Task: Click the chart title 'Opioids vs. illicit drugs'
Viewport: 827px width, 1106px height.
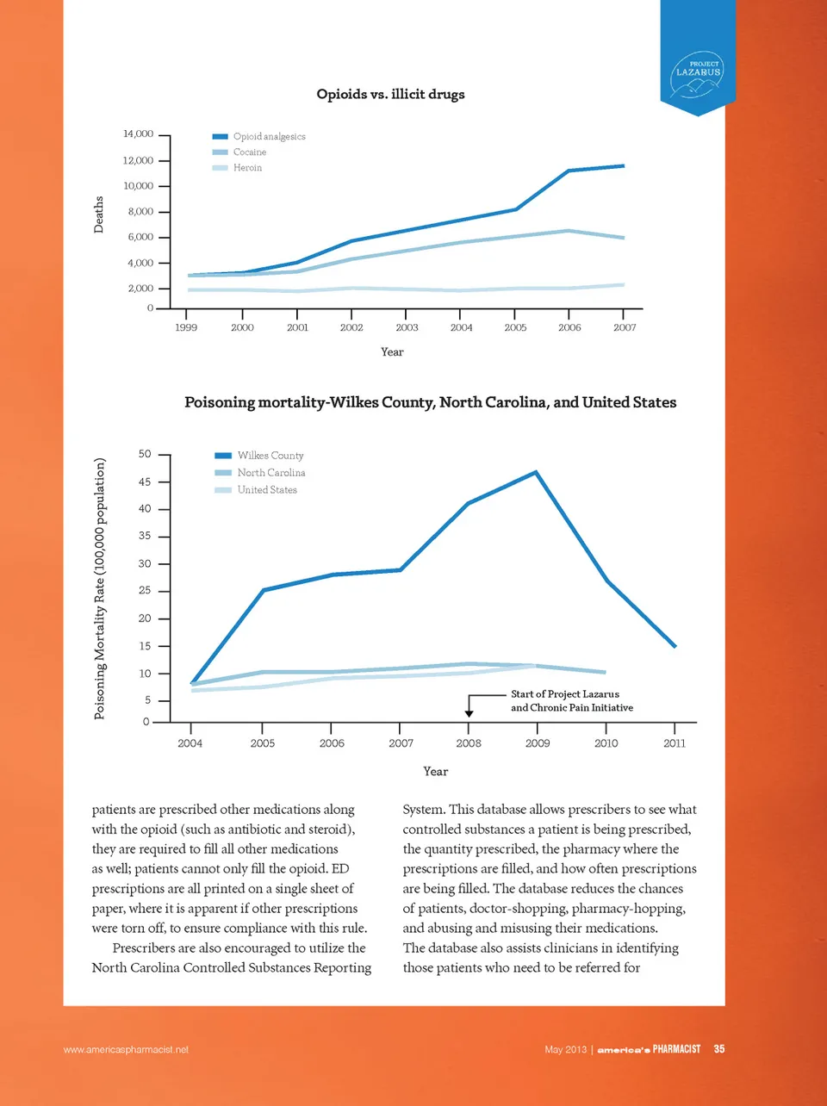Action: point(390,94)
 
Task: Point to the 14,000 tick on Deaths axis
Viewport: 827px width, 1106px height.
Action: point(138,134)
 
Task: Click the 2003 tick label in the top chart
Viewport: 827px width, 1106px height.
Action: point(407,327)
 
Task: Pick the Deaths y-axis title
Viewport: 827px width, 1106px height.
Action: point(98,214)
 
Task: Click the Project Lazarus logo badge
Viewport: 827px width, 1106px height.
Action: point(698,74)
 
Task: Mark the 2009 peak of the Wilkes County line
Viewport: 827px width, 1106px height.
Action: point(536,472)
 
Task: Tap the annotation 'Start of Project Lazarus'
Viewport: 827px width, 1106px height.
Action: point(565,694)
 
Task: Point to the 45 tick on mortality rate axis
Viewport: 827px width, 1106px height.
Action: point(145,482)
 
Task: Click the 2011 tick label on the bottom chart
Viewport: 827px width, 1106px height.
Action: point(675,743)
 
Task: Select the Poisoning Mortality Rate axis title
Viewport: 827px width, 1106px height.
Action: point(100,588)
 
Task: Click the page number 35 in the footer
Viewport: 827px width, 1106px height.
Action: point(719,1049)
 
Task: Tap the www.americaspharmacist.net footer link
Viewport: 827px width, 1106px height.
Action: point(126,1050)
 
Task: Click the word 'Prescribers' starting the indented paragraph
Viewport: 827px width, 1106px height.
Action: point(143,948)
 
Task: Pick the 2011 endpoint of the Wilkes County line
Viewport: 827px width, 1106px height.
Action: point(675,646)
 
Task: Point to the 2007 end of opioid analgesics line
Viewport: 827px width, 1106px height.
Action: point(623,165)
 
